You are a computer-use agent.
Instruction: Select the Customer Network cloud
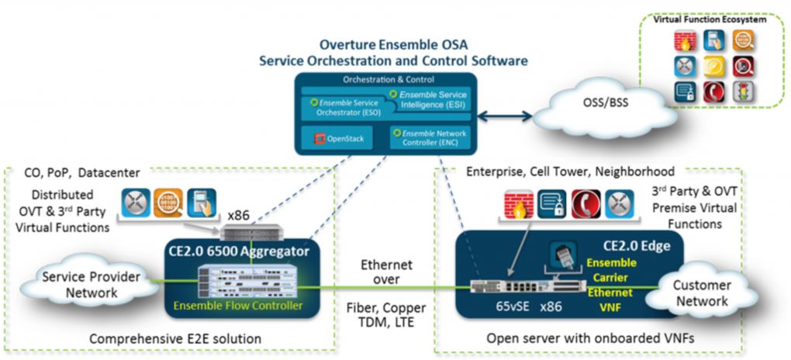tap(701, 292)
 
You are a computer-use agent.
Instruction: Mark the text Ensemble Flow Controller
tap(238, 306)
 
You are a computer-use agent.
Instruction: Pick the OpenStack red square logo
tap(317, 140)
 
